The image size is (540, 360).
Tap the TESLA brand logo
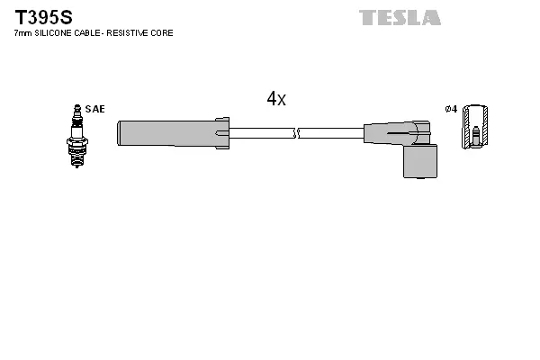(x=400, y=17)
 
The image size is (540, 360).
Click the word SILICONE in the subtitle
(x=55, y=33)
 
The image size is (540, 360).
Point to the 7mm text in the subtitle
(x=22, y=33)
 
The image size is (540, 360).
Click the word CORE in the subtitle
(x=163, y=33)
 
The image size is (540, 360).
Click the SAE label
(x=95, y=109)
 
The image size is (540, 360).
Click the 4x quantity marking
(x=276, y=100)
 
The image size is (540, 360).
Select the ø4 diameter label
(x=451, y=109)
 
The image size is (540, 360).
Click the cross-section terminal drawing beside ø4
(x=476, y=128)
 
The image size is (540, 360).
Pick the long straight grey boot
(x=166, y=133)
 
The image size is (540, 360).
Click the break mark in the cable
(x=296, y=133)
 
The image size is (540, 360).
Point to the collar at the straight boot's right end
(x=222, y=133)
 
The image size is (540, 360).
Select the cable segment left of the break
(x=261, y=133)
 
